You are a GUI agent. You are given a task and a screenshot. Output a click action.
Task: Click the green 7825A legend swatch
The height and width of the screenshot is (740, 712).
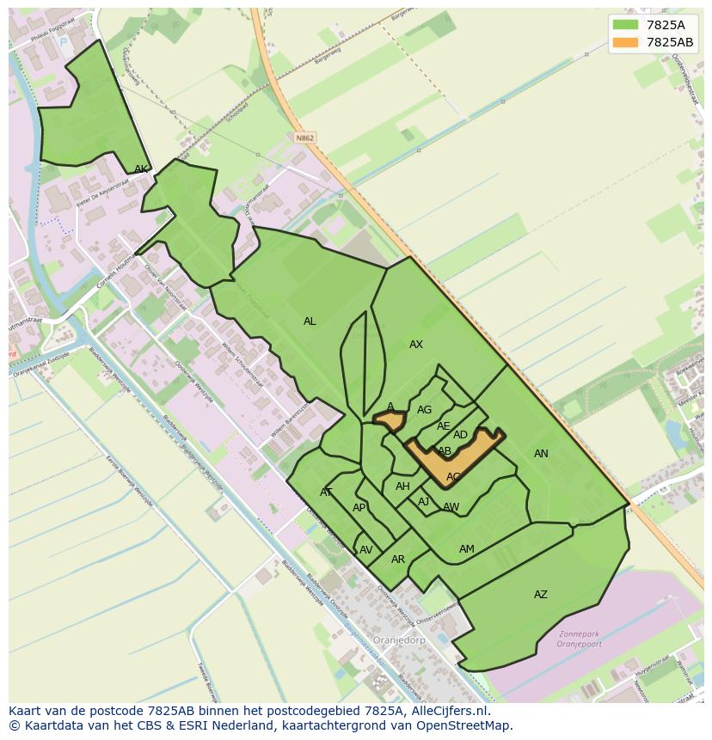625,25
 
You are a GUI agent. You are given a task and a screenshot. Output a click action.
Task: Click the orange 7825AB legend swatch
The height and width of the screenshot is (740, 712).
625,42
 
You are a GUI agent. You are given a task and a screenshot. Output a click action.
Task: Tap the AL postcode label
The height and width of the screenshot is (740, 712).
310,321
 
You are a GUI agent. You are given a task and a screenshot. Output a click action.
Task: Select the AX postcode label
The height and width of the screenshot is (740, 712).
416,345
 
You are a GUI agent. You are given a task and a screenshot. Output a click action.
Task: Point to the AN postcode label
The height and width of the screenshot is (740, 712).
541,454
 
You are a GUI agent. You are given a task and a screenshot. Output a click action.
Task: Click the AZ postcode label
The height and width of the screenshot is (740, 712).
541,595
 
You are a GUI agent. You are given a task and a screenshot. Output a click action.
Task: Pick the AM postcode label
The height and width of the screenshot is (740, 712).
467,549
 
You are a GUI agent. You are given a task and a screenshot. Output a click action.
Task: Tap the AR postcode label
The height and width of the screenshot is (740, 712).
398,560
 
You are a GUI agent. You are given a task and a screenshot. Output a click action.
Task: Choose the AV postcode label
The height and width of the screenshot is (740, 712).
366,550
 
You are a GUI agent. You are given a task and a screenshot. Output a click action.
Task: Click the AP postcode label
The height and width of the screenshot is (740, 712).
359,508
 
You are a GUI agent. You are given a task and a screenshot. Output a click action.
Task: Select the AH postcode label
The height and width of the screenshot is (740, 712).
402,486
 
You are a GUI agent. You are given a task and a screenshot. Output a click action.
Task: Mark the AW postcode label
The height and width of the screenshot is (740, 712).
451,507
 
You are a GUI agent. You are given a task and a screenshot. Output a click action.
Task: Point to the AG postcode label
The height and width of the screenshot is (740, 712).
424,410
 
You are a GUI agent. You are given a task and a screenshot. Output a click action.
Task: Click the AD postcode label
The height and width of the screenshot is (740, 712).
460,435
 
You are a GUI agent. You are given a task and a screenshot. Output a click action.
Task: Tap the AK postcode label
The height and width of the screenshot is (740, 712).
141,169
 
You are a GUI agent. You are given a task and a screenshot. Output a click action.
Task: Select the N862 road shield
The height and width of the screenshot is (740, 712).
304,138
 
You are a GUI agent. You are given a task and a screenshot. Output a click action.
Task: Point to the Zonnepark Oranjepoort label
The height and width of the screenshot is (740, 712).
578,639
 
